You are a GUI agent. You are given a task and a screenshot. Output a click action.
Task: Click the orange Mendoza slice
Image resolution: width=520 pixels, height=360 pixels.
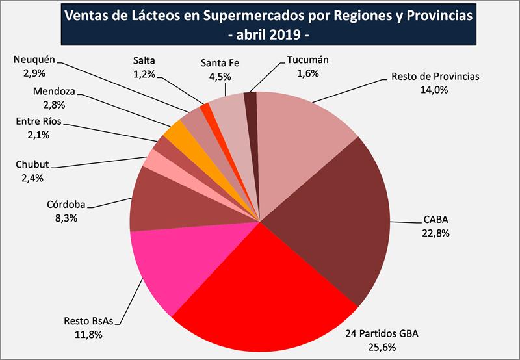tap(176, 133)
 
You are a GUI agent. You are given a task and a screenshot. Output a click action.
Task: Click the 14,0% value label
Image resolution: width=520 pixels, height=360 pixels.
tap(435, 90)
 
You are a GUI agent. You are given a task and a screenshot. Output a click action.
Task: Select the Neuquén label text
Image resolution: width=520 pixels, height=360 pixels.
tap(33, 61)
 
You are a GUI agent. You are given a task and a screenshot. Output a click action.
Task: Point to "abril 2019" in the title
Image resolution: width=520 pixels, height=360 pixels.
tap(260, 32)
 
